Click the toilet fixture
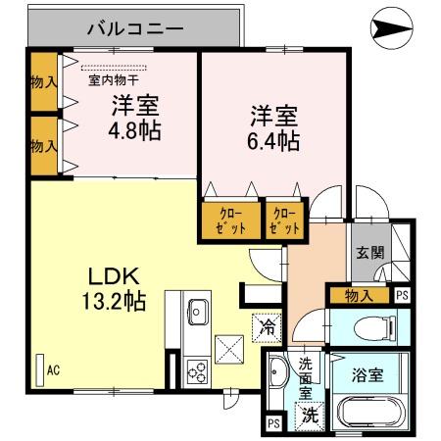[x=372, y=326]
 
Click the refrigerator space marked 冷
[x=266, y=326]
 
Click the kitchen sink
[x=196, y=311]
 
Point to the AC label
[x=52, y=369]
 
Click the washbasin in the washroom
[x=276, y=373]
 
